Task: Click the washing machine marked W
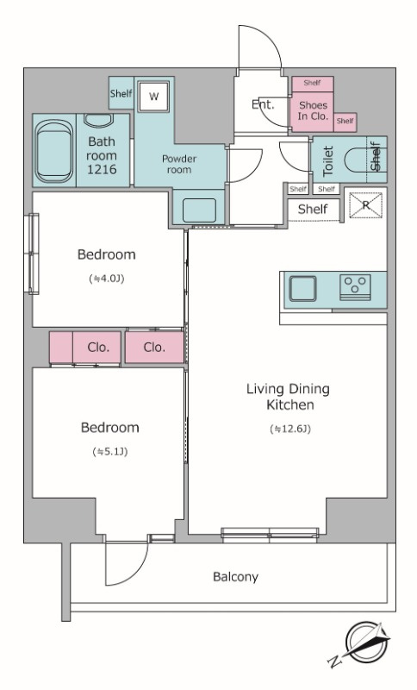point(153,97)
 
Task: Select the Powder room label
point(179,164)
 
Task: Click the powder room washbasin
point(199,210)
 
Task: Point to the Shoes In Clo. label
point(313,110)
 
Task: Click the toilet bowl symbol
point(355,160)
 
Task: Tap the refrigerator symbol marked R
point(366,204)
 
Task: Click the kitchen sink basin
point(302,289)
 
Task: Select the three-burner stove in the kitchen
point(355,287)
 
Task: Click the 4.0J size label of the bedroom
point(106,279)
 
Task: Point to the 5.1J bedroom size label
point(110,451)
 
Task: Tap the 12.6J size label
point(290,429)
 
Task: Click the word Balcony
point(235,576)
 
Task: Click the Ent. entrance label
point(263,104)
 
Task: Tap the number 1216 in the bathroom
point(102,169)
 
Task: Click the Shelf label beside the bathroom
point(121,93)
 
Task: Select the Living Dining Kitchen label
point(289,397)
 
